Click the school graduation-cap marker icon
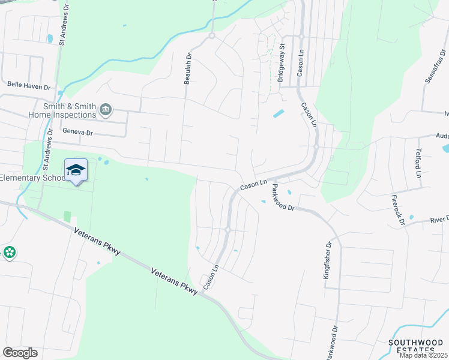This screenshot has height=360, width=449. tap(76, 170)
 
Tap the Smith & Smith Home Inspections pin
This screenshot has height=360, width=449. tap(106, 109)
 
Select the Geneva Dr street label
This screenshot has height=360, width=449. tap(78, 133)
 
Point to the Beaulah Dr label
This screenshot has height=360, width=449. tap(188, 68)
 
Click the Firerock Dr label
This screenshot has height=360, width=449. tap(398, 209)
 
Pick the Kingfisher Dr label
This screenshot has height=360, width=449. tap(328, 265)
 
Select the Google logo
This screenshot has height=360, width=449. tap(20, 353)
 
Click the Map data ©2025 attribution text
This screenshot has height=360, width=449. tap(423, 355)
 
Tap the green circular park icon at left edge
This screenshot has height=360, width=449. tap(9, 253)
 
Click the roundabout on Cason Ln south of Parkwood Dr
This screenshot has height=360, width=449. tap(228, 230)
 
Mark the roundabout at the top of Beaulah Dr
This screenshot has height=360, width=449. tap(212, 36)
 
